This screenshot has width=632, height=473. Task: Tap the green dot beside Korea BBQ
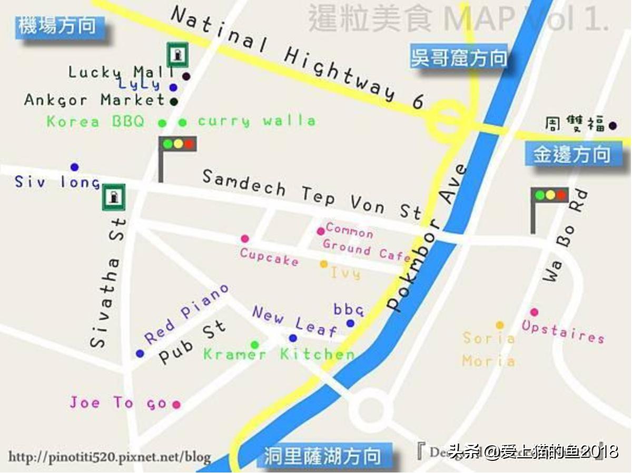[162, 123]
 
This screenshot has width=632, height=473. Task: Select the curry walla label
[256, 121]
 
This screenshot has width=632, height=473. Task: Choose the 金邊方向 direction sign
[571, 155]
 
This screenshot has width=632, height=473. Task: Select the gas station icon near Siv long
[113, 198]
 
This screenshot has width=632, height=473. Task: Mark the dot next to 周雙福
[613, 126]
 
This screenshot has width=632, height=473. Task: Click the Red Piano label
[186, 314]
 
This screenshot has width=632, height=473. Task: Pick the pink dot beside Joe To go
[176, 405]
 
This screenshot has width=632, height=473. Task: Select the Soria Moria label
[488, 349]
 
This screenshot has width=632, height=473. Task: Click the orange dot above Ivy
[323, 264]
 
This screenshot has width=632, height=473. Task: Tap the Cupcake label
[269, 257]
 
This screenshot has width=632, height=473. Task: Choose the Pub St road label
[192, 342]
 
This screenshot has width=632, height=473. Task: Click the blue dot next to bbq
[350, 323]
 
